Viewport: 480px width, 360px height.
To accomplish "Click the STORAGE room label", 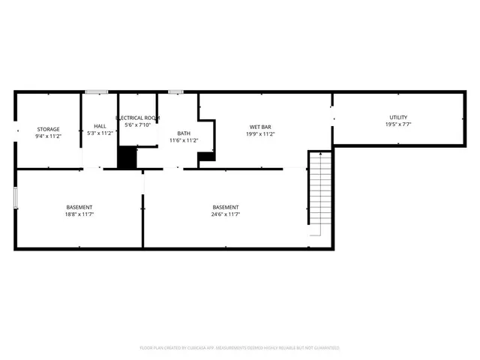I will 49,129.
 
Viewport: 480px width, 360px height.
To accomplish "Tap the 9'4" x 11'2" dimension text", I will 49,136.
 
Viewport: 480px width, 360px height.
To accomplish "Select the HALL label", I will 100,126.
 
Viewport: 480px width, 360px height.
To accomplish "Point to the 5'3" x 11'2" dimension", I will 100,133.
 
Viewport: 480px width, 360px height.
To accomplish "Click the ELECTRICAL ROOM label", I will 137,118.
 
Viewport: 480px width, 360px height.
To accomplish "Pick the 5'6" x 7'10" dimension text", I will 137,125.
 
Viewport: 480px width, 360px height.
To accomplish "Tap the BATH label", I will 184,133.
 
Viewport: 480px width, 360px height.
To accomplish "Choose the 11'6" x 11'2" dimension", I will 184,140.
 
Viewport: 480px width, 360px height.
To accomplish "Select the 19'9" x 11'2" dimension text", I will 261,134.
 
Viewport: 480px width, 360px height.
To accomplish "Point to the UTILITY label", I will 397,117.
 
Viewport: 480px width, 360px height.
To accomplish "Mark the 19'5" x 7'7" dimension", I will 397,124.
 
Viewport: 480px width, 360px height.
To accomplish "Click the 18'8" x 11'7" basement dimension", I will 79,214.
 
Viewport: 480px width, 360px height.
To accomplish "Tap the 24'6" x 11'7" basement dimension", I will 226,214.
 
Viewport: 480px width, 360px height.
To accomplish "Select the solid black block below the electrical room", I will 127,157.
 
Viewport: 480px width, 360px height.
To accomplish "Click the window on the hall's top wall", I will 96,92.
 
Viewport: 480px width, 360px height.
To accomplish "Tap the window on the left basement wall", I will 15,198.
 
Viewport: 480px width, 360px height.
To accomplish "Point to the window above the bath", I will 175,92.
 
